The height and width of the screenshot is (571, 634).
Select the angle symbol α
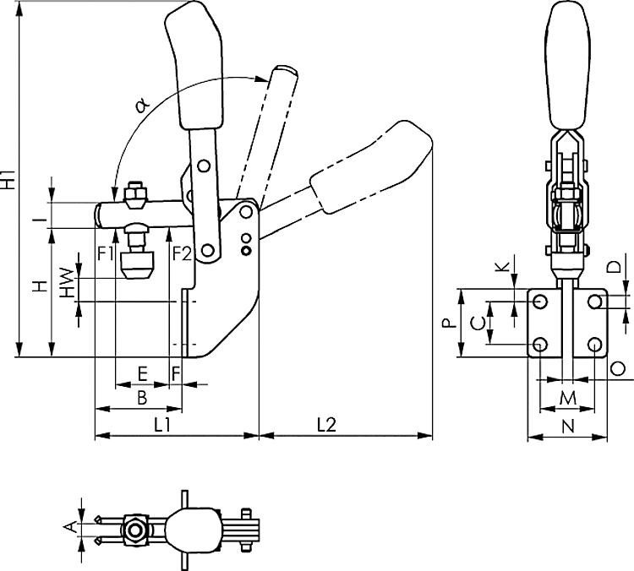click(x=141, y=106)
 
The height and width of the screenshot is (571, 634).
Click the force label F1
click(x=105, y=253)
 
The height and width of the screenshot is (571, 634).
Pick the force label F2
click(x=181, y=253)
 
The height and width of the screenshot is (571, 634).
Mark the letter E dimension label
click(x=141, y=373)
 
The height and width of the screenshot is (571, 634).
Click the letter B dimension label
click(x=142, y=395)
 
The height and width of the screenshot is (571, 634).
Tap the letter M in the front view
click(x=568, y=397)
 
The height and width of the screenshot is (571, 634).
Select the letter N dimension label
click(x=568, y=427)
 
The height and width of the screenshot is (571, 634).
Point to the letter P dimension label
click(x=451, y=323)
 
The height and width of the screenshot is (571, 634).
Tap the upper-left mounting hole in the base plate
click(x=541, y=302)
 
